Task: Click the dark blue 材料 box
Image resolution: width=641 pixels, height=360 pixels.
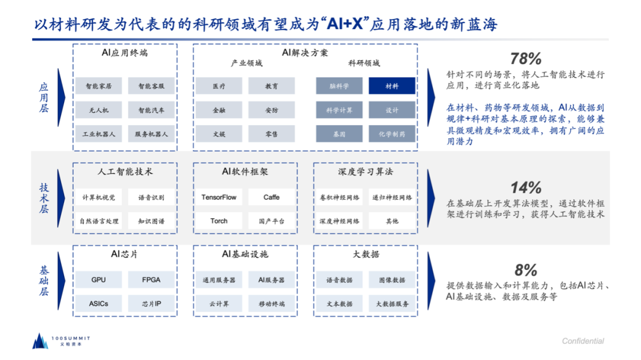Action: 392,86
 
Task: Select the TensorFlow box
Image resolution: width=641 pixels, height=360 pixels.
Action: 218,197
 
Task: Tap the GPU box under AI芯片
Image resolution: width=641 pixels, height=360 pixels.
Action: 99,279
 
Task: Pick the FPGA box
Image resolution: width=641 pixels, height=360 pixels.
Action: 151,279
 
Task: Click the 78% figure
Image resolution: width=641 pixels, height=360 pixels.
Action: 526,59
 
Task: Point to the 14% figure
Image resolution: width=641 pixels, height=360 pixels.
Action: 526,188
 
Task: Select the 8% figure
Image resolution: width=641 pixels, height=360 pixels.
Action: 526,270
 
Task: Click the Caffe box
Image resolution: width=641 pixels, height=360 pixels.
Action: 271,197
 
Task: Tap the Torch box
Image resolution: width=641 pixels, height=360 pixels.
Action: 218,221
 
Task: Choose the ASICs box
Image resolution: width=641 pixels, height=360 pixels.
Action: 99,303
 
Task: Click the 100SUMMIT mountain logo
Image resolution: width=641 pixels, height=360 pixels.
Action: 40,340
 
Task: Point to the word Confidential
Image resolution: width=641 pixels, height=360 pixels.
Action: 583,341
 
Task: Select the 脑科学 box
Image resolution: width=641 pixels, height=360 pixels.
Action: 339,86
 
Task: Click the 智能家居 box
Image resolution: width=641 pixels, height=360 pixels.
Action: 99,86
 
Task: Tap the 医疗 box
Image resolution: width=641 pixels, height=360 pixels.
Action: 218,86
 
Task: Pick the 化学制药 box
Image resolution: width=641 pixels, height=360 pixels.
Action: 392,134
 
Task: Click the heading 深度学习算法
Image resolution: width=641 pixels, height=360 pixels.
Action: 365,171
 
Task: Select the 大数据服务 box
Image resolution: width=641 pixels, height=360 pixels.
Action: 392,304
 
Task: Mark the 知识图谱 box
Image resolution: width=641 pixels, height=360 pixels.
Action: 151,221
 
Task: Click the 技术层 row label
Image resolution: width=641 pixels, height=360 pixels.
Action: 43,199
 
